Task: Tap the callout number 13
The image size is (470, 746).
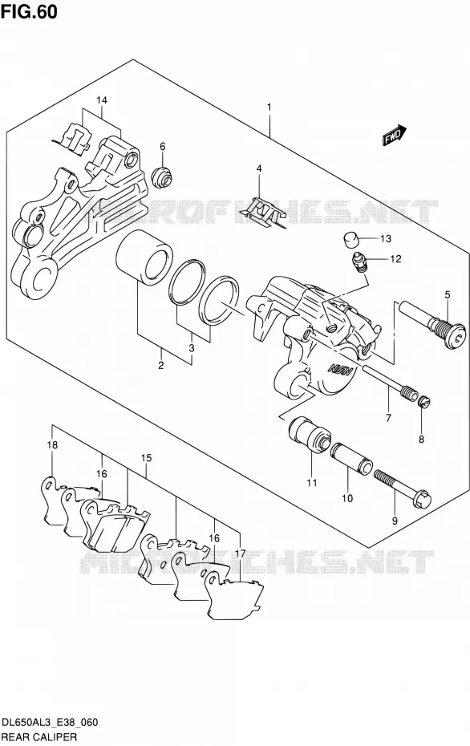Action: [x=385, y=238]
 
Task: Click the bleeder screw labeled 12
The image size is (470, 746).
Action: [x=359, y=262]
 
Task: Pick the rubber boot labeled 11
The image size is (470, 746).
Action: [x=310, y=434]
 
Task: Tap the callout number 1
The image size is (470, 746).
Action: [x=269, y=107]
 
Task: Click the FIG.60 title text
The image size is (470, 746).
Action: [x=29, y=11]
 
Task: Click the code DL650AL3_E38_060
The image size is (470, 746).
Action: [x=50, y=723]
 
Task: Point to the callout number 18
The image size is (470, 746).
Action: [x=52, y=445]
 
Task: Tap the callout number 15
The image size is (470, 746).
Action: [x=146, y=458]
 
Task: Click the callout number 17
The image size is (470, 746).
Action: [x=240, y=553]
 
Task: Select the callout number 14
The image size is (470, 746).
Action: [x=102, y=100]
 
